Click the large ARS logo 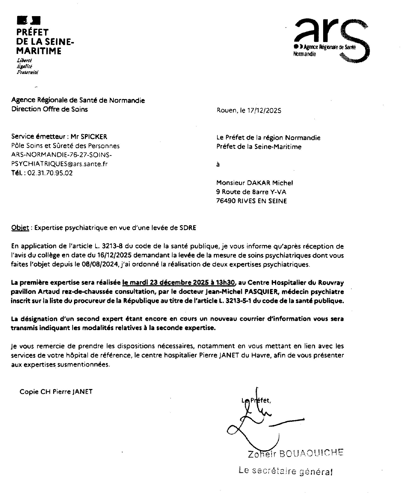click(332, 40)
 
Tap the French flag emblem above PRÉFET click(28, 20)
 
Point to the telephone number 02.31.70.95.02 click(49, 173)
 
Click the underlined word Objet click(20, 228)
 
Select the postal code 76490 click(226, 201)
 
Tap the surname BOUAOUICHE click(311, 453)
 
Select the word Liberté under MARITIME click(24, 61)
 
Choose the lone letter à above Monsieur click(218, 165)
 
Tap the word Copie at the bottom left click(29, 392)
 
